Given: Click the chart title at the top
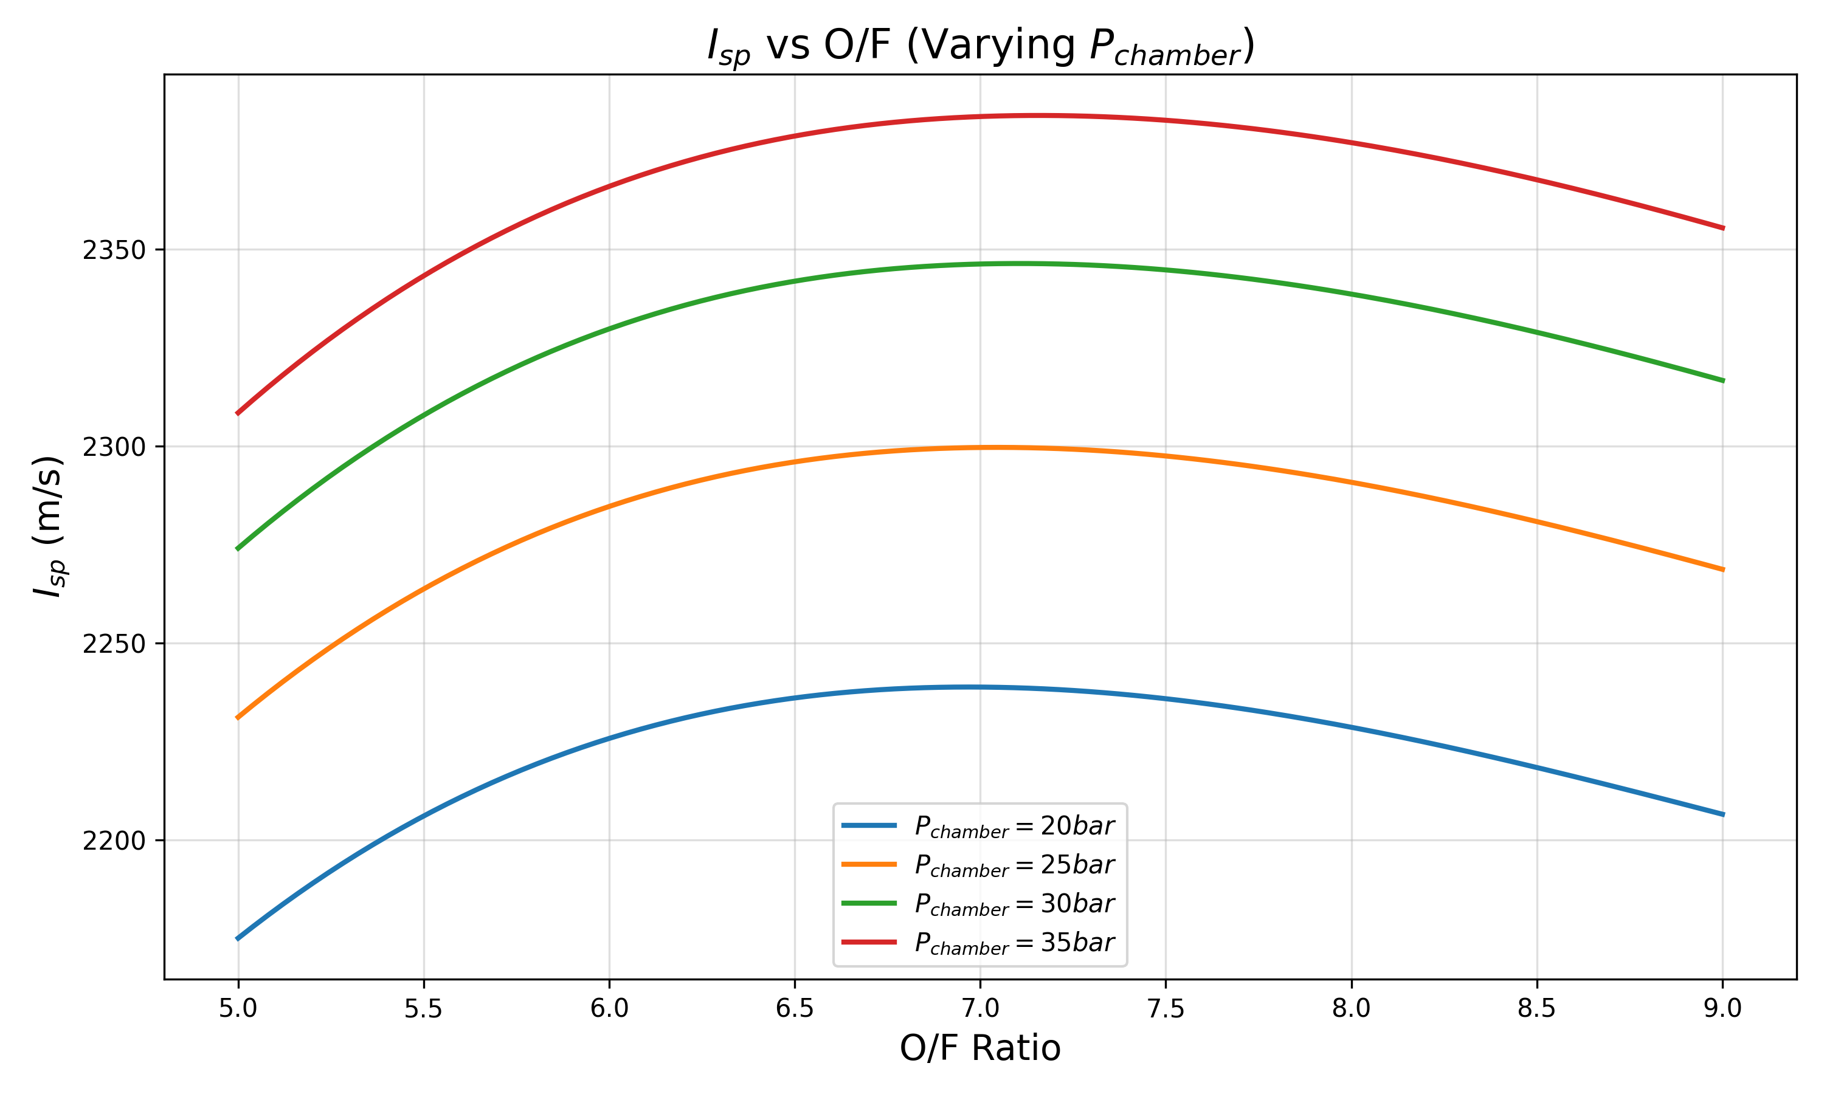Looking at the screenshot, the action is [x=981, y=46].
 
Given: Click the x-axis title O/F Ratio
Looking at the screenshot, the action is [x=980, y=1048].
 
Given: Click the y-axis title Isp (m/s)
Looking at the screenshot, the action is [x=49, y=526].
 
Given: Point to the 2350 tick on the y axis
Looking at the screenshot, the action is [x=114, y=250].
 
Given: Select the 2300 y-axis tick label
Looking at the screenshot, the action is [x=114, y=447].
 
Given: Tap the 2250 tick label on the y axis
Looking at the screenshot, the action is [x=114, y=644].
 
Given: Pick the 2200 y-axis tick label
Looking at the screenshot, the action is [x=114, y=841].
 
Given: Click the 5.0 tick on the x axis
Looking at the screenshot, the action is [x=238, y=1008].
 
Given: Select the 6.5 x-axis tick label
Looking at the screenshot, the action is [x=795, y=1008].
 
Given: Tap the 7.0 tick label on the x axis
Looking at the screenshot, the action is [x=981, y=1008].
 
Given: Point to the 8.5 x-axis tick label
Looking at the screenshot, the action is [x=1537, y=1008].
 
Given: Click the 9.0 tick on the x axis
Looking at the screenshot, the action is [x=1723, y=1008].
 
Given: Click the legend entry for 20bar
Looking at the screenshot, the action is [x=978, y=825].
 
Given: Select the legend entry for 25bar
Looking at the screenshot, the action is [x=978, y=865].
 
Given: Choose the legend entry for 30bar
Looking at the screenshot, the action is [x=978, y=904].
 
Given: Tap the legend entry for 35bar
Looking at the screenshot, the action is [x=978, y=943].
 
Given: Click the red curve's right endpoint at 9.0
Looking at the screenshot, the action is [x=1723, y=229].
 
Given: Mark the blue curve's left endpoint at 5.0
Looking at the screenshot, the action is [x=237, y=939].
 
